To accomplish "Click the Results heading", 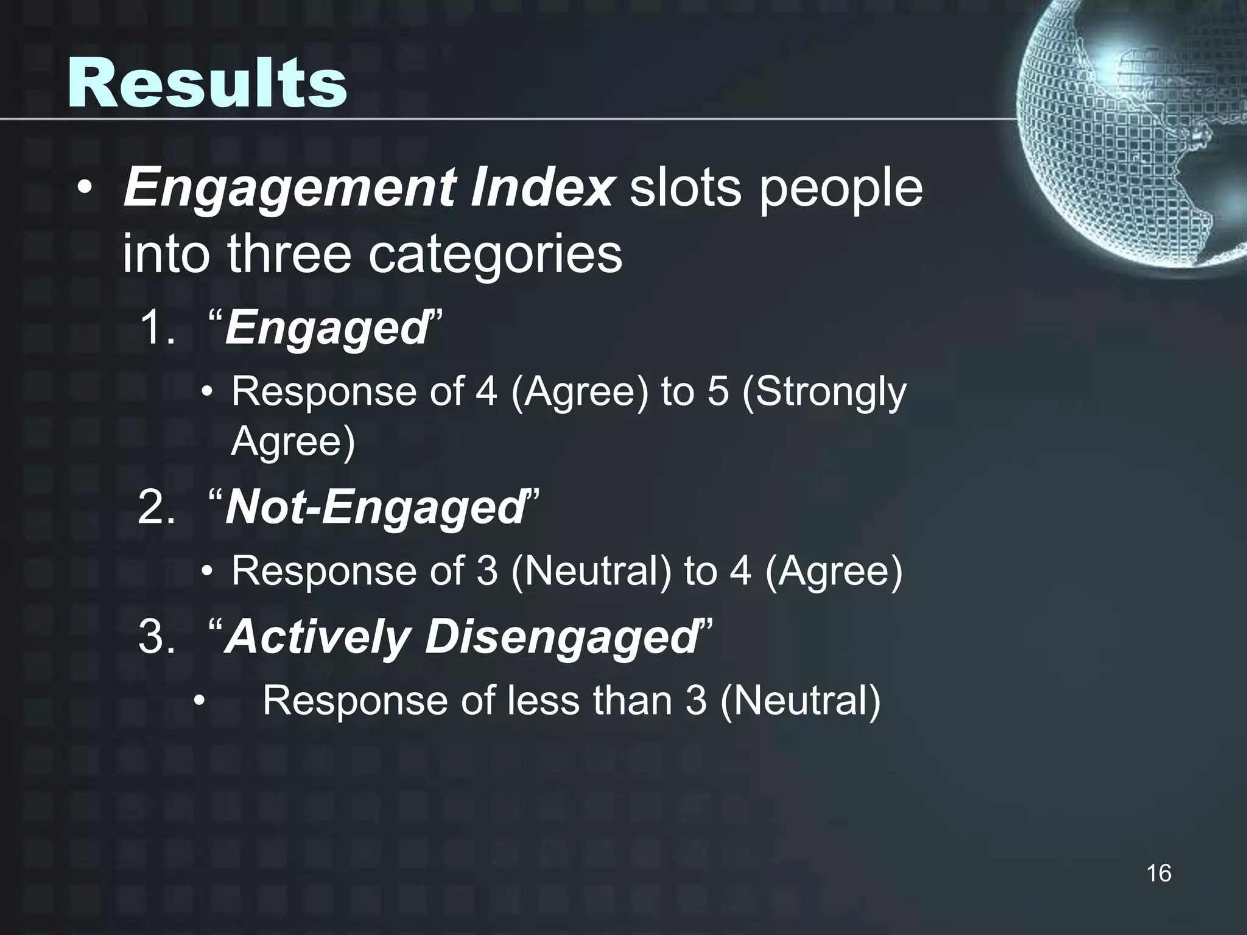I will point(207,83).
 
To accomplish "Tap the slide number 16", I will point(1158,873).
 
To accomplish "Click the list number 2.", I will point(155,507).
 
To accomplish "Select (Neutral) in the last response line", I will point(799,700).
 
